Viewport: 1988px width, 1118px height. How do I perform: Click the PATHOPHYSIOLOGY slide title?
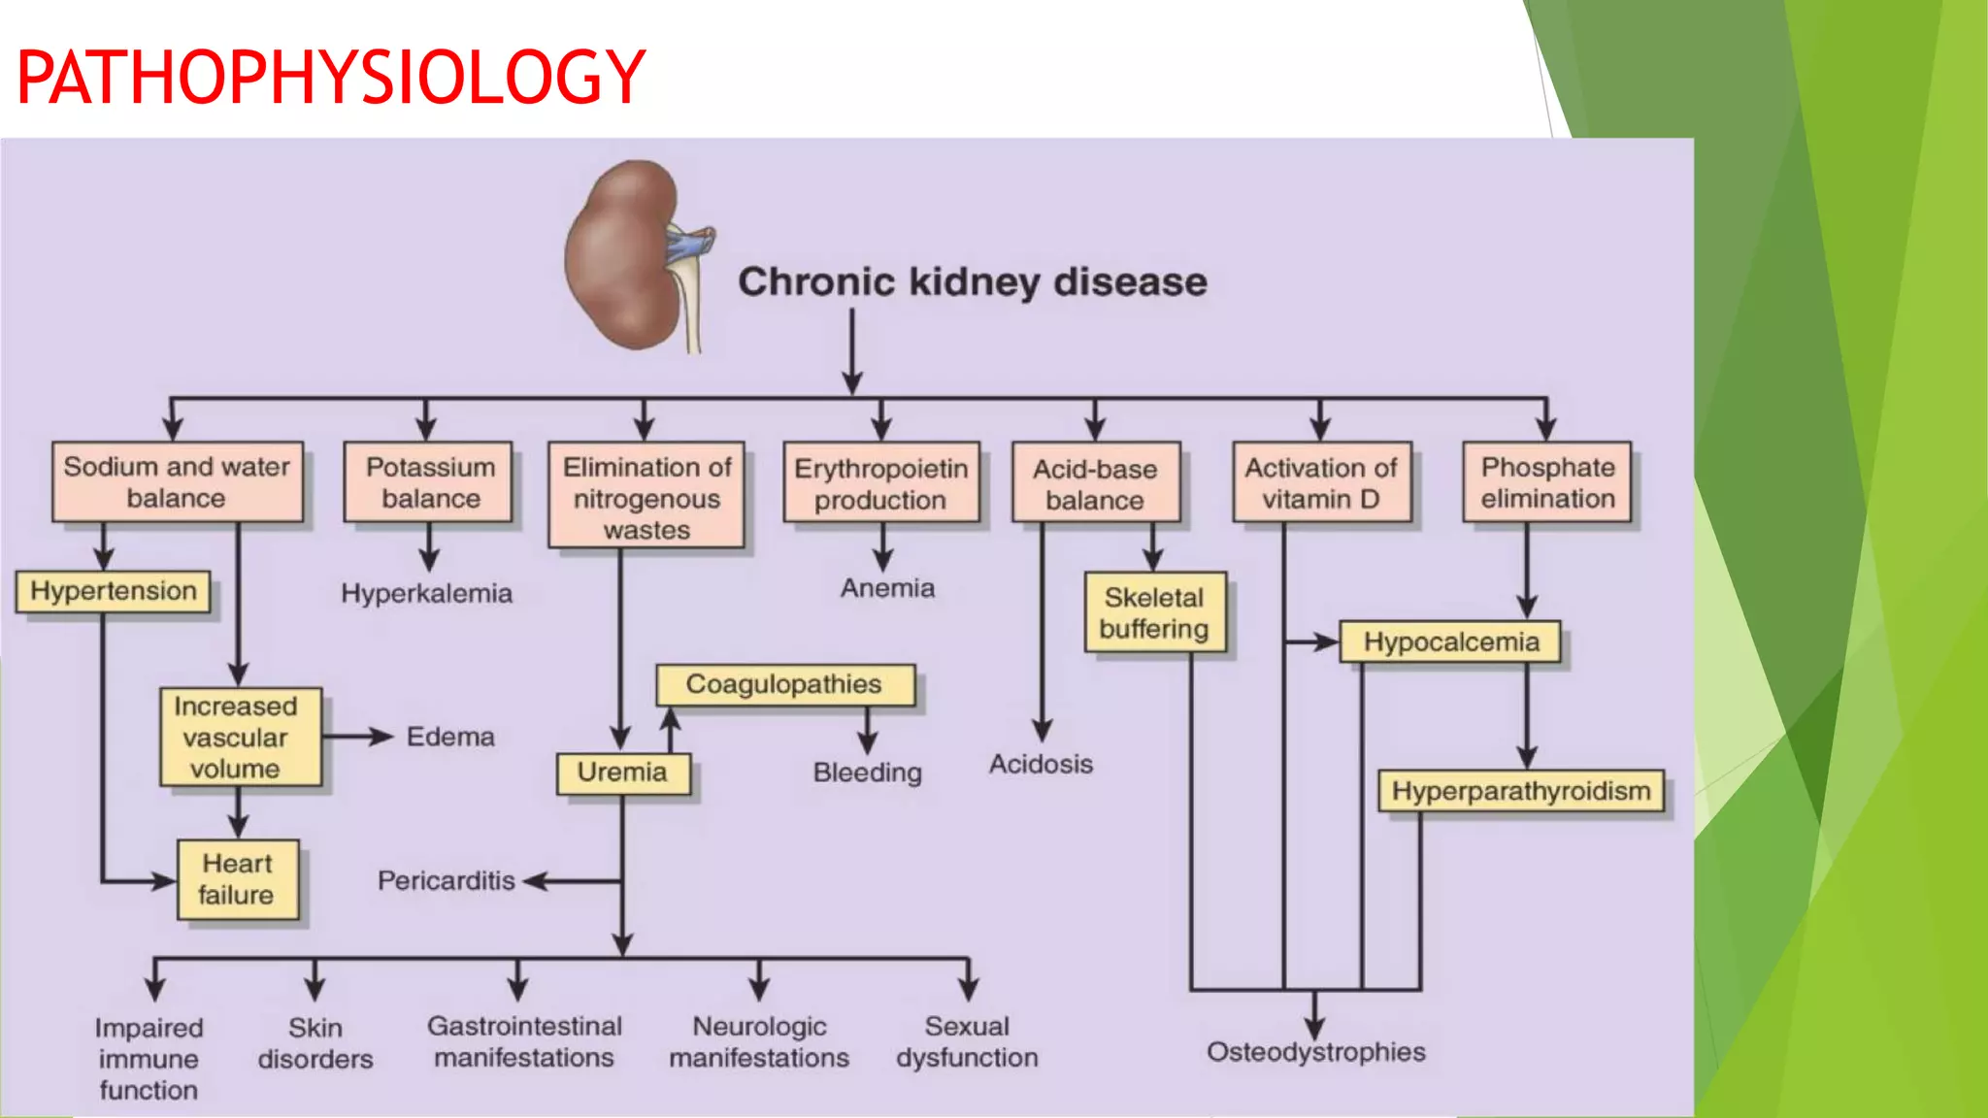point(331,78)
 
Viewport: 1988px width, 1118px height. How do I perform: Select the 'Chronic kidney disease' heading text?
point(972,282)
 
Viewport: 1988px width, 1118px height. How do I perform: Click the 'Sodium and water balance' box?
point(177,482)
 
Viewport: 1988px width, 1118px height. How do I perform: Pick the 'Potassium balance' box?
point(429,482)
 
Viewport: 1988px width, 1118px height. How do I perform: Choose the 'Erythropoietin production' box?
point(880,483)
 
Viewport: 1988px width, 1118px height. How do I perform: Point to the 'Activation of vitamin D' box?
point(1320,483)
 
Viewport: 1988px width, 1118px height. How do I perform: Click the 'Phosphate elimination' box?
point(1547,482)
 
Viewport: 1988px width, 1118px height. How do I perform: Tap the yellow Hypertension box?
point(113,591)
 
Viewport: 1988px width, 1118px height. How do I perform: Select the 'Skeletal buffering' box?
point(1154,612)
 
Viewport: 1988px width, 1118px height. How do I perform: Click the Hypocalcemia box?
point(1450,642)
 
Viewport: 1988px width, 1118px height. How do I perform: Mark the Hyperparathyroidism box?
point(1521,791)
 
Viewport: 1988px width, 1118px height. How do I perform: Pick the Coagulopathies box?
point(784,684)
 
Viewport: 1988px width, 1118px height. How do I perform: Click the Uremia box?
point(622,773)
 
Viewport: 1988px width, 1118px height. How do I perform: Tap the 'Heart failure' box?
point(237,879)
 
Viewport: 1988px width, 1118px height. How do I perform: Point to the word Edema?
point(450,737)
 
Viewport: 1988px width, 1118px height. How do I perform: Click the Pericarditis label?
point(446,880)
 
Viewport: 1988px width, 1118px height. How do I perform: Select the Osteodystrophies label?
point(1315,1052)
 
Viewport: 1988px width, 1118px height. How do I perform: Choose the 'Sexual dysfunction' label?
point(967,1041)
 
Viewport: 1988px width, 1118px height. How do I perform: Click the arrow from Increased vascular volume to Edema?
point(357,737)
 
